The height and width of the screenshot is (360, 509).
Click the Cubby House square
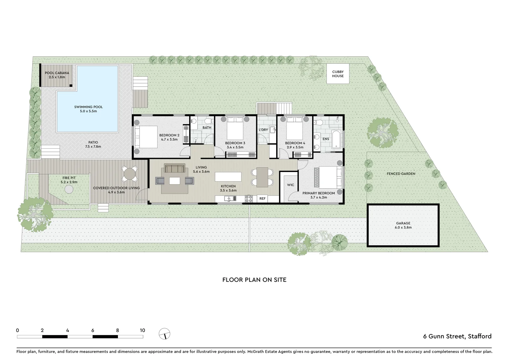pyautogui.click(x=337, y=74)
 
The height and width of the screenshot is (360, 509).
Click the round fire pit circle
pyautogui.click(x=69, y=189)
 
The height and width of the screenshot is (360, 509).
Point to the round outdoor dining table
pyautogui.click(x=130, y=174)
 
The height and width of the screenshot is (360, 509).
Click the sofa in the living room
pyautogui.click(x=175, y=169)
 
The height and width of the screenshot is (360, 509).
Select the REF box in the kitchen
pyautogui.click(x=262, y=199)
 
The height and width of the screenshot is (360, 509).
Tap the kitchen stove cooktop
pyautogui.click(x=249, y=199)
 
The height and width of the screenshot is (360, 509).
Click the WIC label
pyautogui.click(x=290, y=185)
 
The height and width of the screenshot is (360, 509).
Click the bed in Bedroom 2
pyautogui.click(x=146, y=137)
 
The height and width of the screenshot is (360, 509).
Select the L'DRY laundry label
pyautogui.click(x=263, y=130)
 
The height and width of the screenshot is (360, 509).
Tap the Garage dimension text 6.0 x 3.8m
pyautogui.click(x=403, y=228)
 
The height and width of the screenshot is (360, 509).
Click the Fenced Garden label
pyautogui.click(x=401, y=174)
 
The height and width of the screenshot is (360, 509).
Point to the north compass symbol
pyautogui.click(x=165, y=333)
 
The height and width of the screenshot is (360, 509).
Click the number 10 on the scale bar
pyautogui.click(x=143, y=330)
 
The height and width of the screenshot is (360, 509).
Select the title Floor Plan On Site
pyautogui.click(x=254, y=280)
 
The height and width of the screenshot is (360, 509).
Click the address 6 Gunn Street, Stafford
pyautogui.click(x=457, y=336)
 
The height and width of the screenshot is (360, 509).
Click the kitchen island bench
pyautogui.click(x=228, y=176)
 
